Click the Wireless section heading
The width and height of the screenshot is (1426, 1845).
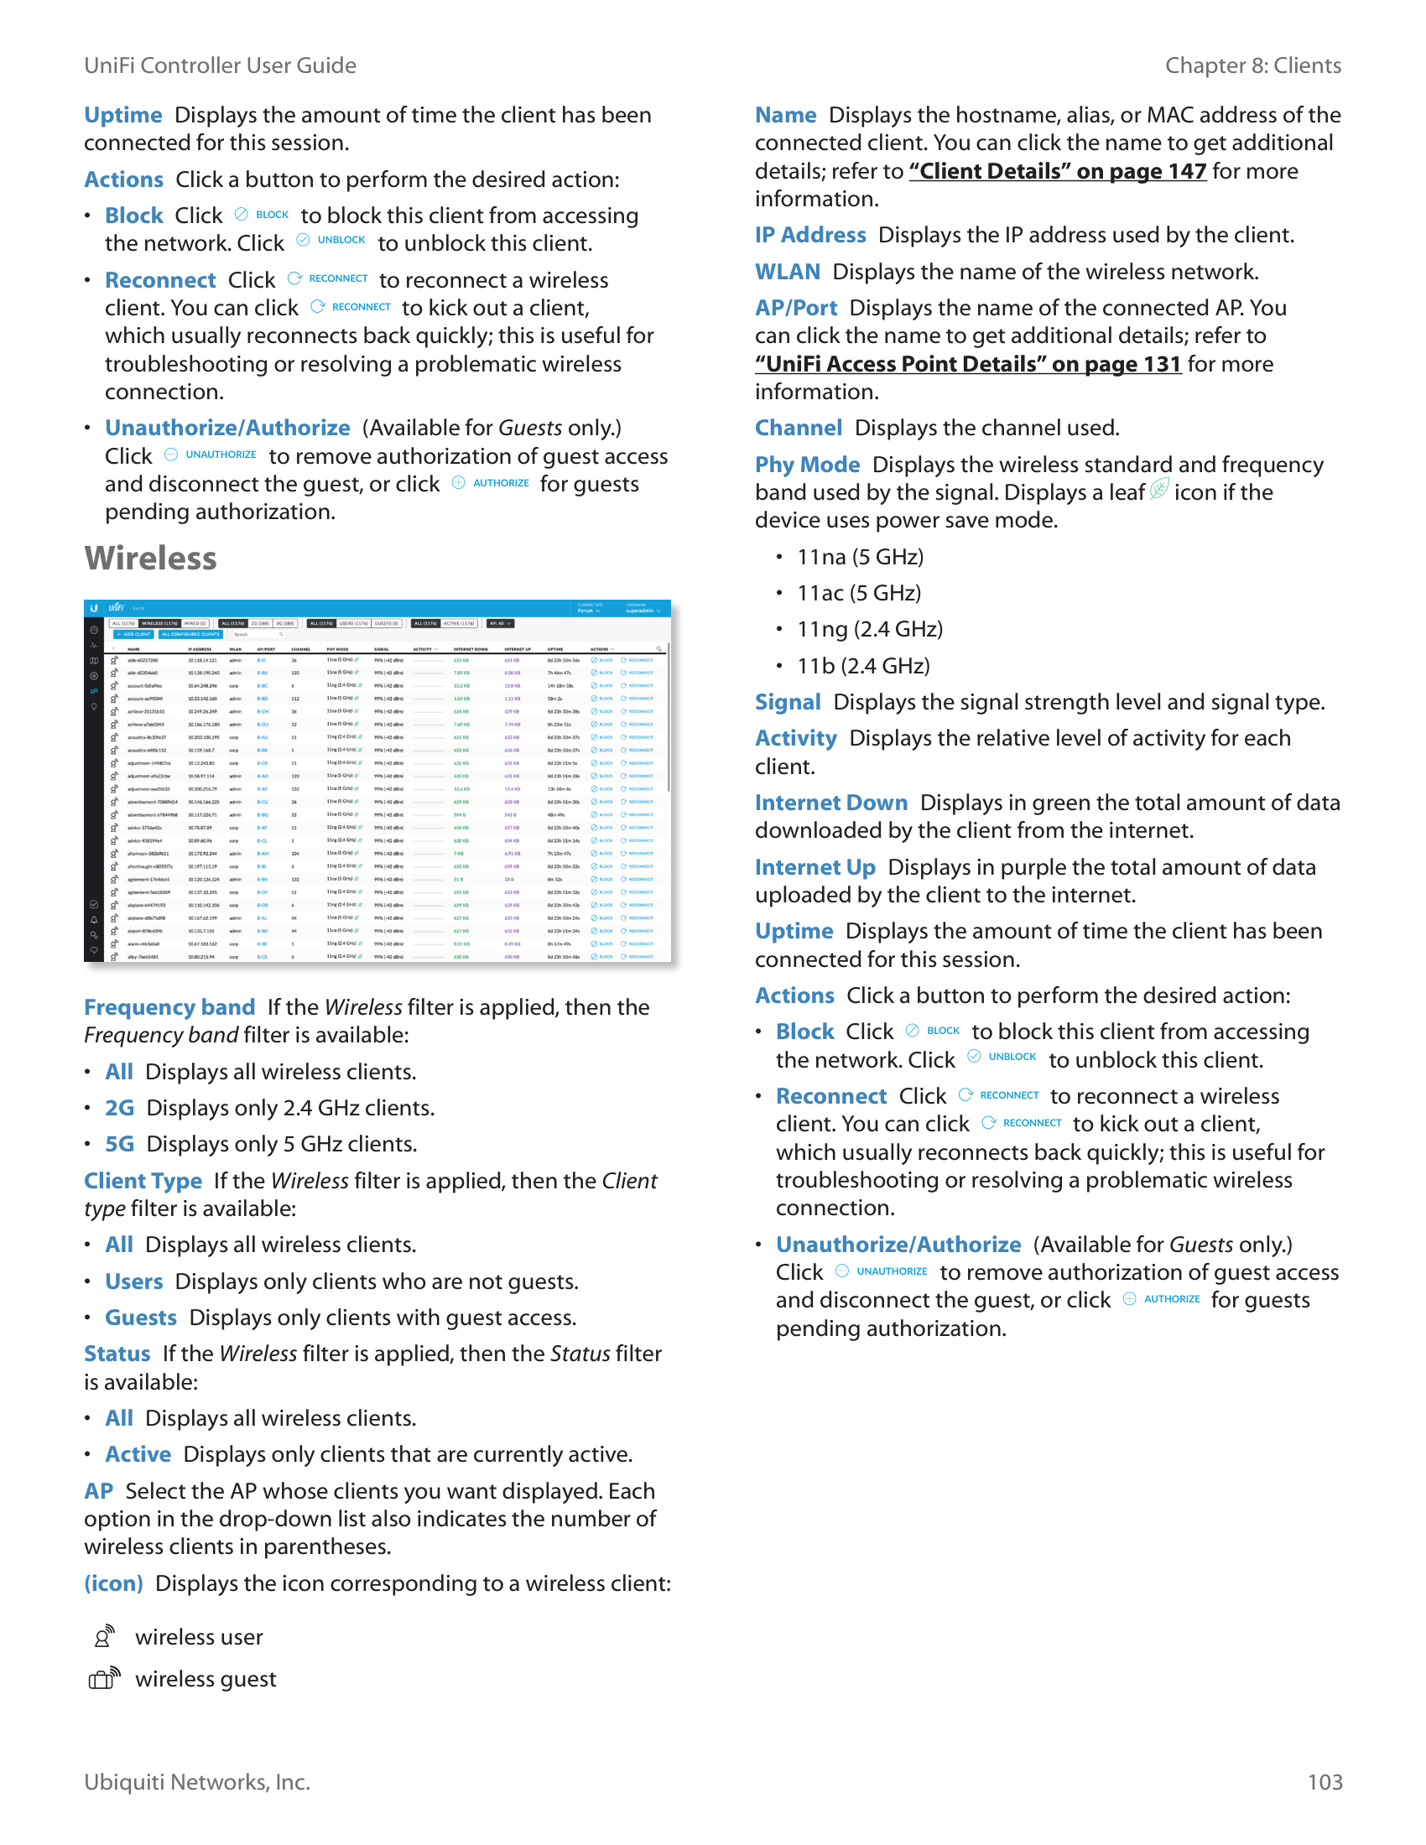(150, 559)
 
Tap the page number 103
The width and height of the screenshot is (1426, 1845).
(1324, 1781)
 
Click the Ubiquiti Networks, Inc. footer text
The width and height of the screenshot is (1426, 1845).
(197, 1781)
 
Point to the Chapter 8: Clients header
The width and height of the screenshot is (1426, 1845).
(1252, 65)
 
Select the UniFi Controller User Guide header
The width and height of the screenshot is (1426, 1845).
(220, 65)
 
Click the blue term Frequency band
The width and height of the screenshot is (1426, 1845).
(169, 1007)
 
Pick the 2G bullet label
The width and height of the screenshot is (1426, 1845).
(119, 1108)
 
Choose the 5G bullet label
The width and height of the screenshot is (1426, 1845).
(119, 1144)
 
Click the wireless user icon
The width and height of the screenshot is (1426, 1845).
(103, 1636)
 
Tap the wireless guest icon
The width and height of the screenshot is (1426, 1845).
(104, 1678)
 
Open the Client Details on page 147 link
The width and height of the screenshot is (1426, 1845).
(1057, 171)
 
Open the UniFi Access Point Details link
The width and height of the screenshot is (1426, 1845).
(967, 364)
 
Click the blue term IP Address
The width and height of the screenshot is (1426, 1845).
(810, 235)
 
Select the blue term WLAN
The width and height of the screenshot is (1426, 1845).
(788, 272)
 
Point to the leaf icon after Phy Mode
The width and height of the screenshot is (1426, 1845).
(1159, 489)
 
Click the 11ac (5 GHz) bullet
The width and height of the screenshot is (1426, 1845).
(858, 593)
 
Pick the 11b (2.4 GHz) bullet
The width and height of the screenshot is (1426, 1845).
(862, 666)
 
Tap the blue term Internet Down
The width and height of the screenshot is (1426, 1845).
(830, 803)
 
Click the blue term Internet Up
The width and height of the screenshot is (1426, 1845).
(814, 867)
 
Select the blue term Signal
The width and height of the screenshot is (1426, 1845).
(788, 702)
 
